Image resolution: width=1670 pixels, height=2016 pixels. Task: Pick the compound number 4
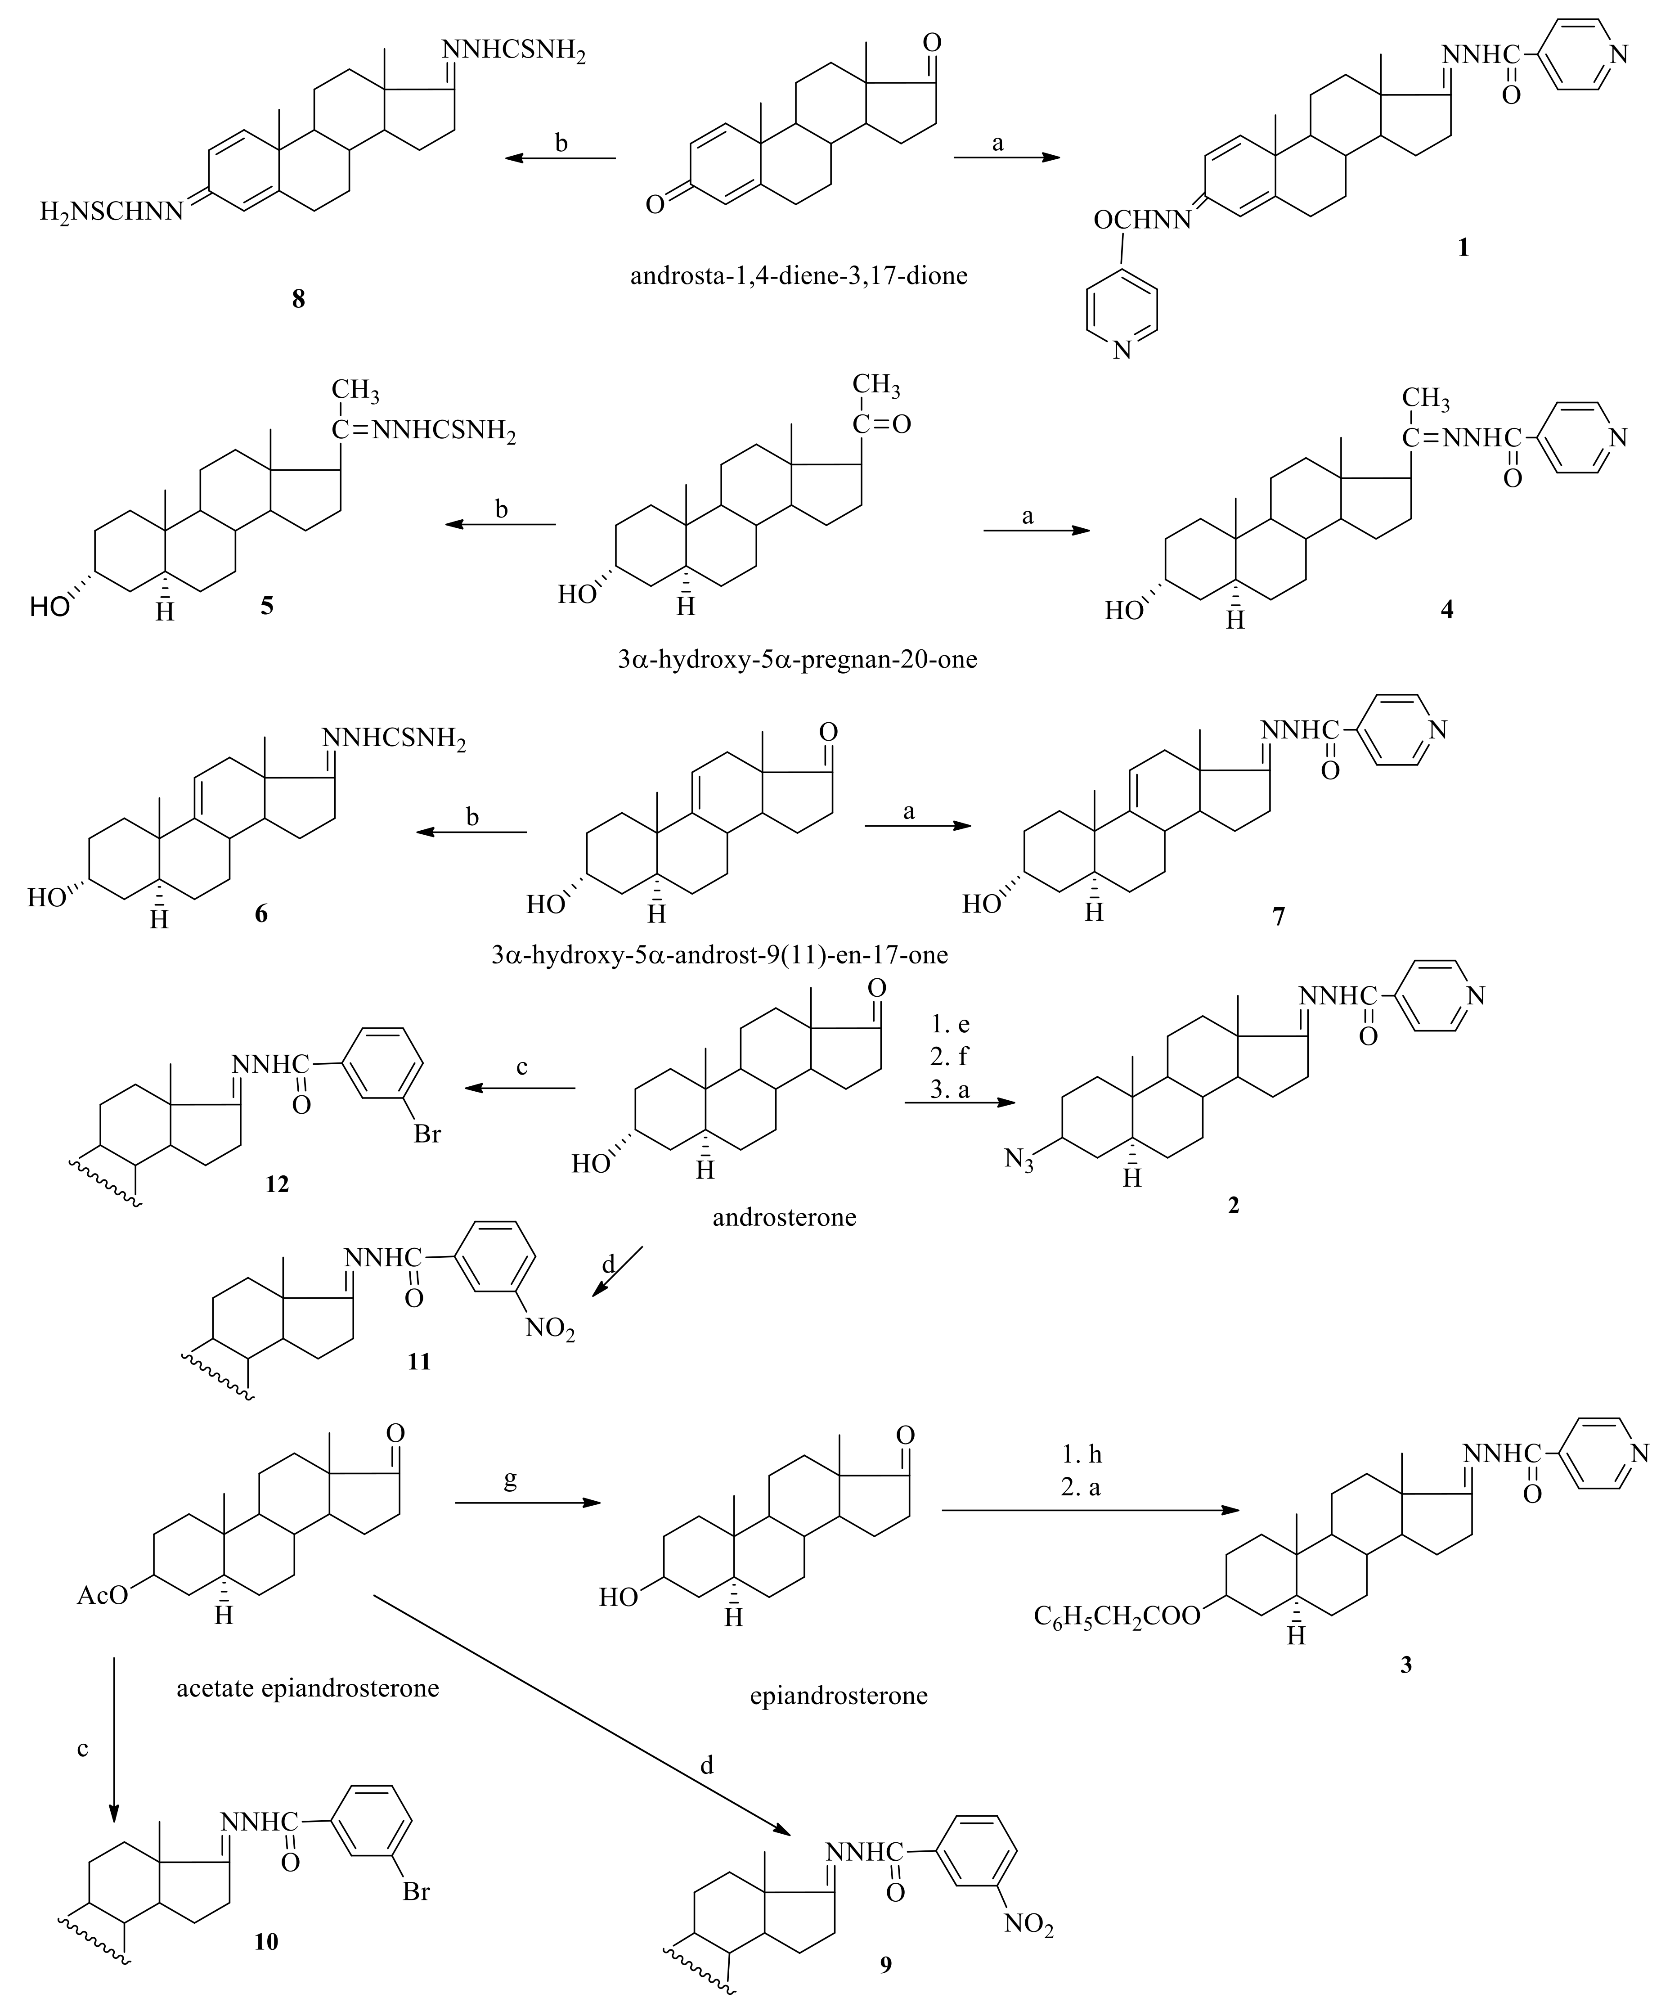point(1446,609)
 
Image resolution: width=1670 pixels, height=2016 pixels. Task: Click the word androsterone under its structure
point(784,1217)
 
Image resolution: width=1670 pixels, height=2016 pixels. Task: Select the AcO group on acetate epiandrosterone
point(103,1596)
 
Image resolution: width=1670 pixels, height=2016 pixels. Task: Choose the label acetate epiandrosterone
point(308,1687)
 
